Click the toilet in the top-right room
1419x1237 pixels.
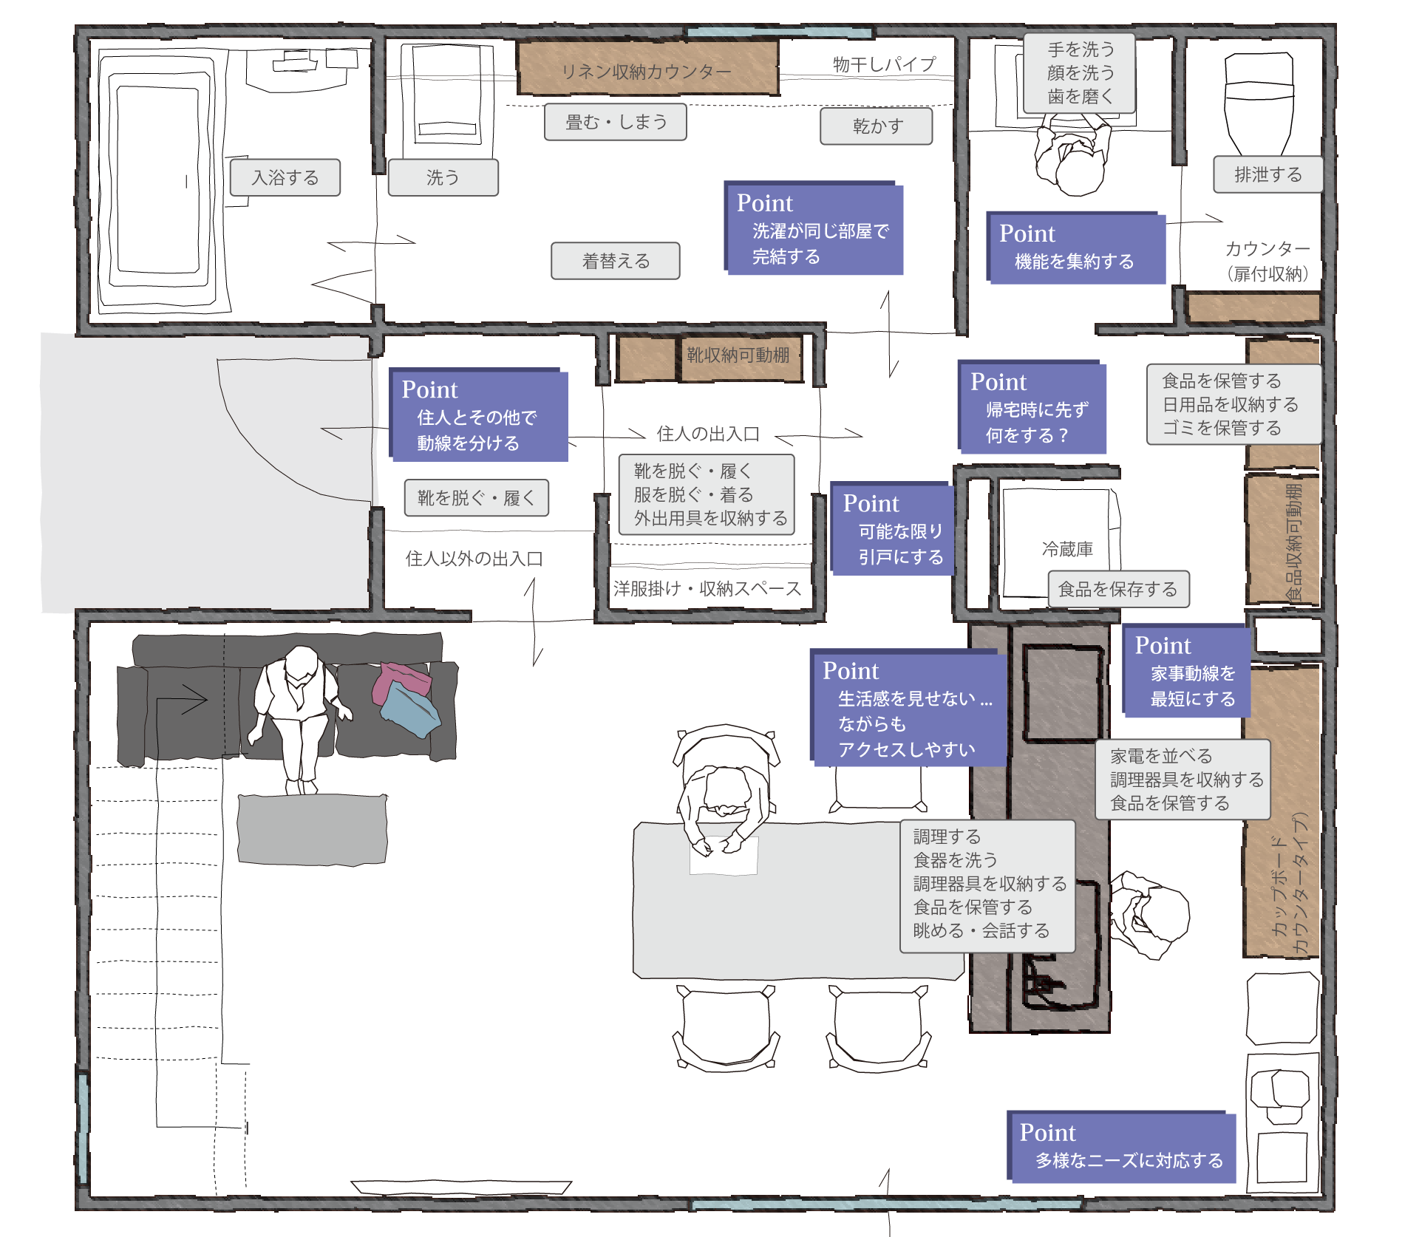tap(1259, 103)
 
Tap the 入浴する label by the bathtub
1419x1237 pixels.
tap(285, 177)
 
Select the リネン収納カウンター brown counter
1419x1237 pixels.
tap(647, 69)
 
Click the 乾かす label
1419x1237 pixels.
tap(877, 126)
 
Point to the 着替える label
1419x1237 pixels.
tap(616, 261)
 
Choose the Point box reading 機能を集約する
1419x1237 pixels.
tap(1075, 248)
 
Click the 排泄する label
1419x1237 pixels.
tap(1267, 174)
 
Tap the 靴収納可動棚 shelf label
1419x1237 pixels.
tap(738, 355)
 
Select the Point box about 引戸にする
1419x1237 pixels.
tap(893, 529)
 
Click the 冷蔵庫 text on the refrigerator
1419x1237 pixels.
tap(1067, 549)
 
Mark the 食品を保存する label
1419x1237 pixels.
tap(1118, 589)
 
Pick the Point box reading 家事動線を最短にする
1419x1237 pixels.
tap(1186, 671)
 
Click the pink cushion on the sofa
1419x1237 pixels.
tap(401, 684)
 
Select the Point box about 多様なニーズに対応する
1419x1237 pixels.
tap(1121, 1147)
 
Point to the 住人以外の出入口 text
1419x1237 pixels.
tap(474, 559)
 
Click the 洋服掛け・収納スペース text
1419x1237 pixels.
tap(707, 588)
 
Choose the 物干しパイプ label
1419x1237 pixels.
tap(884, 64)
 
